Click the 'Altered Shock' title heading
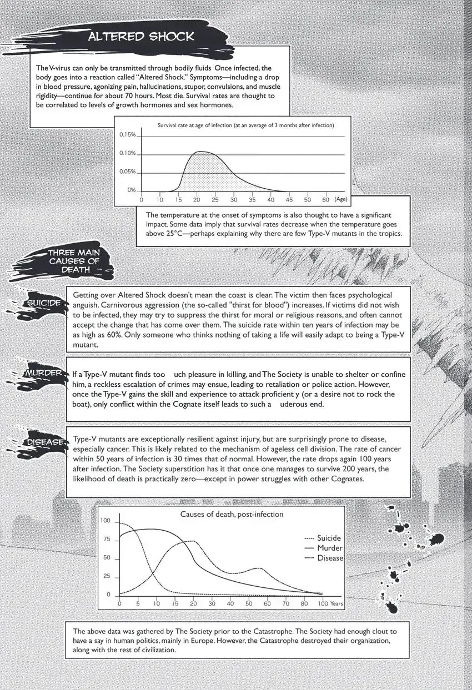[x=142, y=37]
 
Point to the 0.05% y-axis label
[x=128, y=172]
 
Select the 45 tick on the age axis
[x=289, y=199]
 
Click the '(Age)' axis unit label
[x=340, y=199]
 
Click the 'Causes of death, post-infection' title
[x=232, y=514]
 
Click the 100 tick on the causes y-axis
[x=106, y=521]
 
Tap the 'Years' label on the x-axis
[x=337, y=603]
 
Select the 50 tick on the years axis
[x=249, y=603]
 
